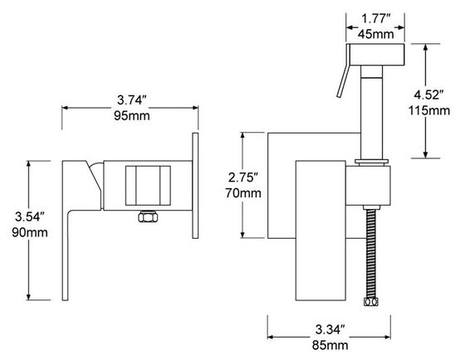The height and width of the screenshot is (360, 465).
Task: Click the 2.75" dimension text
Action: pyautogui.click(x=244, y=177)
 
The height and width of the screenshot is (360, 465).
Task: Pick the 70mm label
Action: pyautogui.click(x=244, y=193)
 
